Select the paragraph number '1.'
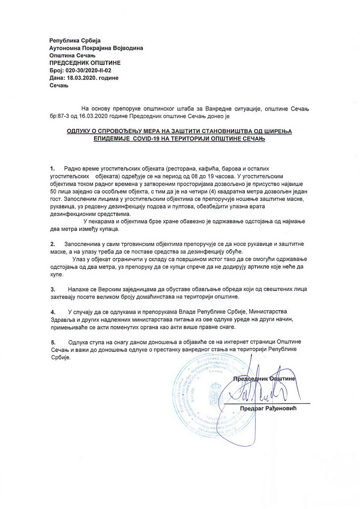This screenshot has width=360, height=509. (53, 168)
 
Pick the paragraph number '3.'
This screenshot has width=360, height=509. (53, 289)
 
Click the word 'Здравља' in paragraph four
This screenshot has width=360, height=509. (62, 319)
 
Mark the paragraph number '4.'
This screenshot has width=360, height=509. (53, 311)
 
